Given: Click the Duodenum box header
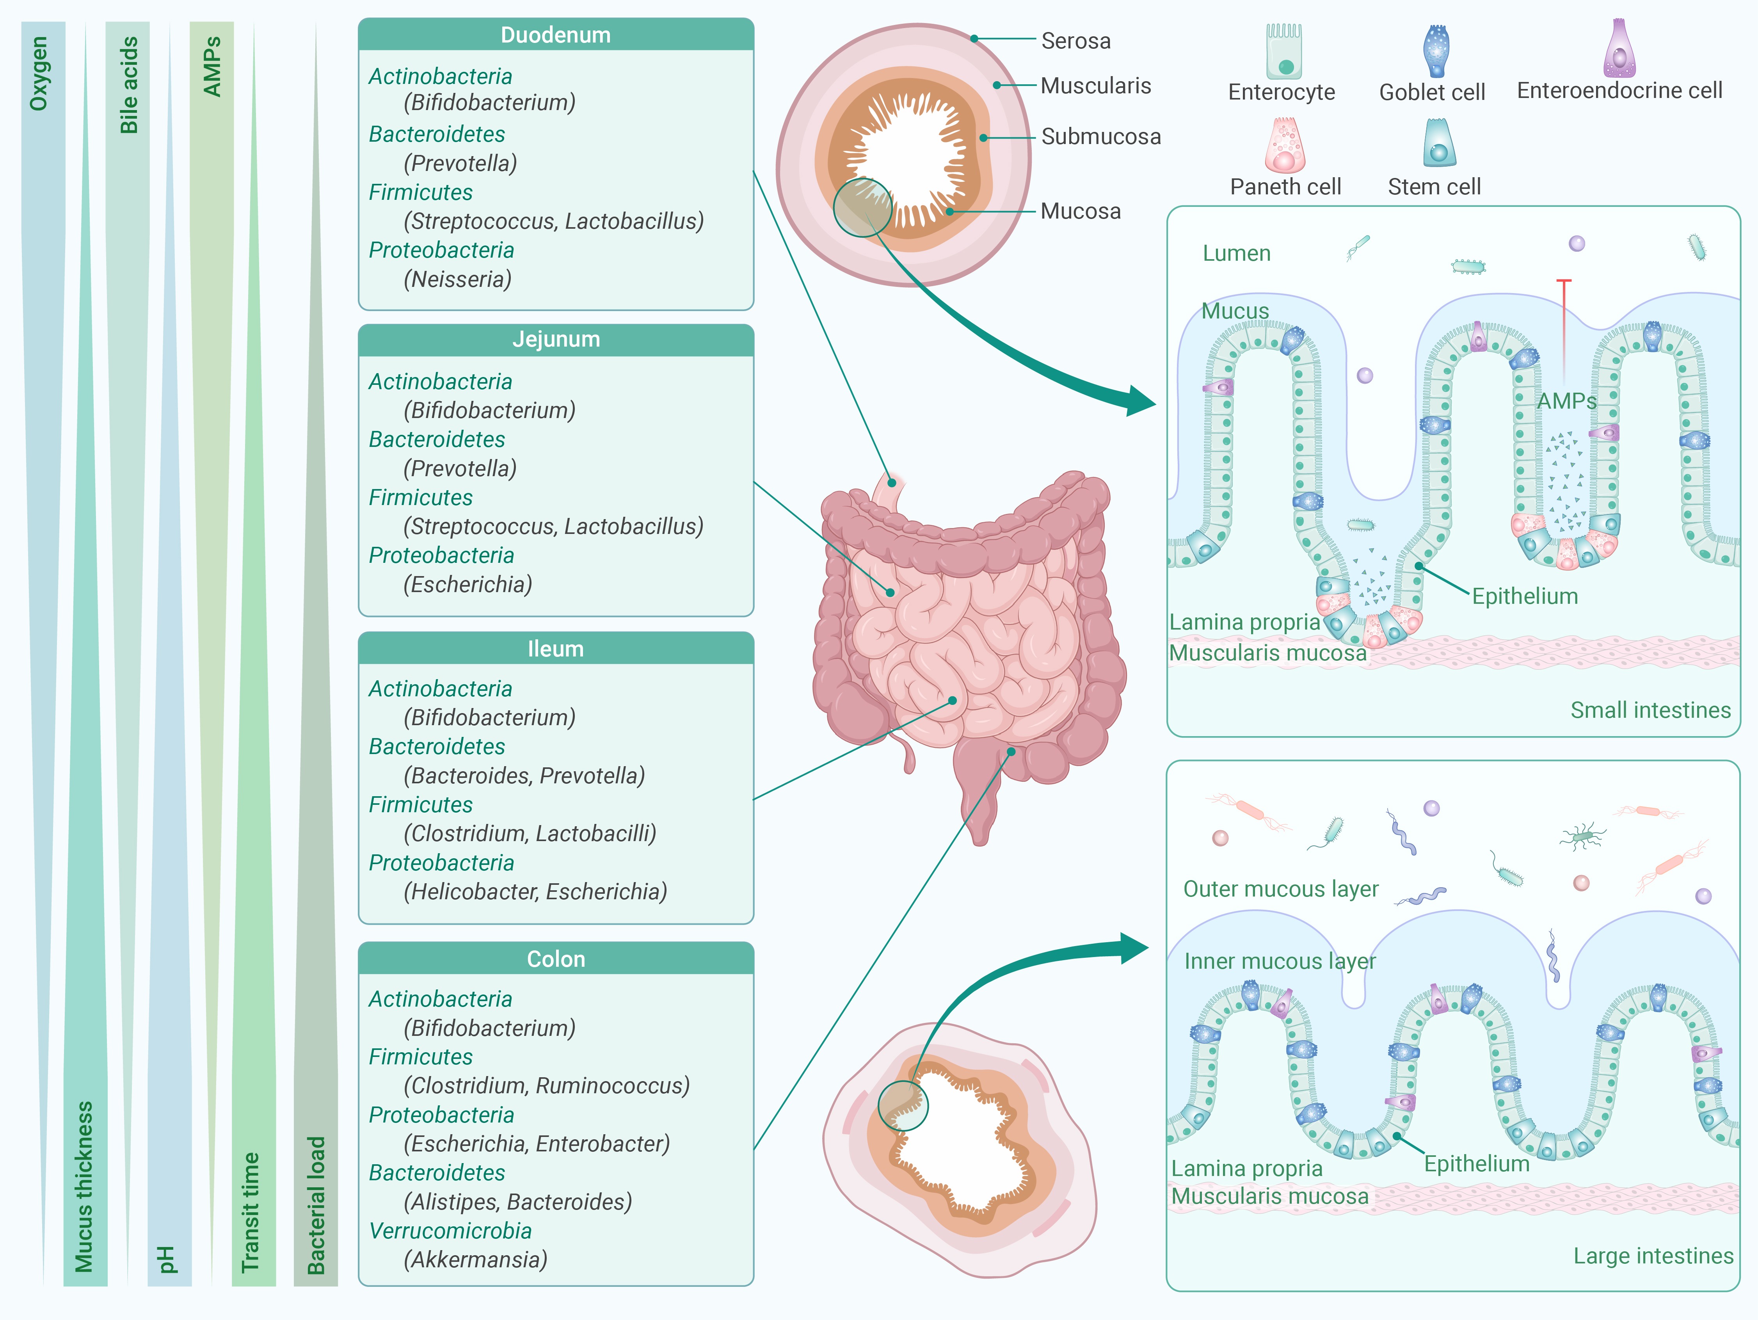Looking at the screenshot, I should pos(556,35).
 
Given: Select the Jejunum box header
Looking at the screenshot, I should pos(556,339).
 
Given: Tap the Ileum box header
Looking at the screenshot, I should pos(556,648).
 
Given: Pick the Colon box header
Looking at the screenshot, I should pos(556,959).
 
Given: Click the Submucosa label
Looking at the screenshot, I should pos(1101,137).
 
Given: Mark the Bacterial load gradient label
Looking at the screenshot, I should pos(316,1204).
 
